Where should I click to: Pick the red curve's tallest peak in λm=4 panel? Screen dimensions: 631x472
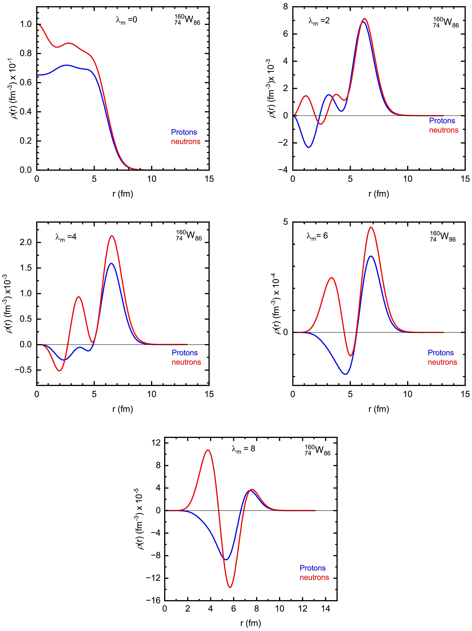point(112,236)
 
